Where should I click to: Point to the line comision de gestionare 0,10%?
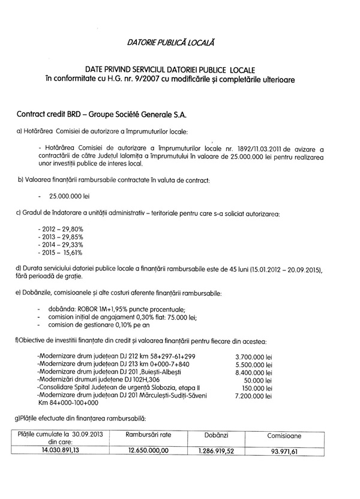[97, 324]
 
